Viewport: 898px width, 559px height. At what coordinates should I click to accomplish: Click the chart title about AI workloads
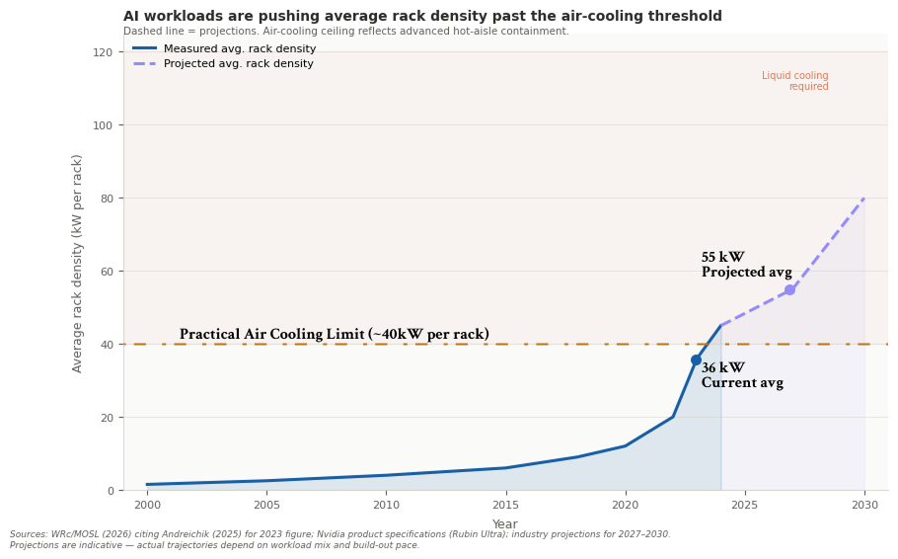pyautogui.click(x=422, y=17)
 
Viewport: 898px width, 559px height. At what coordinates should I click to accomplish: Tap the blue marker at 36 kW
pyautogui.click(x=696, y=360)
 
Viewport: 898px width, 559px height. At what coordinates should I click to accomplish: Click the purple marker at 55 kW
pyautogui.click(x=789, y=289)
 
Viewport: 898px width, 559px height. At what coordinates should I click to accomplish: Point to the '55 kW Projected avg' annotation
pyautogui.click(x=746, y=266)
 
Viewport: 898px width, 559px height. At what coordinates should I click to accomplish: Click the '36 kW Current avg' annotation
pyautogui.click(x=742, y=376)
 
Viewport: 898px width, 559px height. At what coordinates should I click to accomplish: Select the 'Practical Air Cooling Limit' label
pyautogui.click(x=334, y=335)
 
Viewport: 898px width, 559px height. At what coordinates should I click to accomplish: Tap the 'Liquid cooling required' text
pyautogui.click(x=794, y=81)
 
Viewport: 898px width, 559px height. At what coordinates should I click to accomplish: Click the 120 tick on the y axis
pyautogui.click(x=103, y=52)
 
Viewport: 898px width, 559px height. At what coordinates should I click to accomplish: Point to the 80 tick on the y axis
pyautogui.click(x=106, y=199)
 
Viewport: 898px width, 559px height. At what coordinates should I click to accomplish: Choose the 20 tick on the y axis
pyautogui.click(x=106, y=418)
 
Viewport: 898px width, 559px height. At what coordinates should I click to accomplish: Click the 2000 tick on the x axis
pyautogui.click(x=147, y=505)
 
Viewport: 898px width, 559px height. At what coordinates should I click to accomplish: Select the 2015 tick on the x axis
pyautogui.click(x=506, y=505)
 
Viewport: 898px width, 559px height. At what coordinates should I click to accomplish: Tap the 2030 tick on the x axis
pyautogui.click(x=864, y=505)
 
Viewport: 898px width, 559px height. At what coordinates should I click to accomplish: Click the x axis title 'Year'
pyautogui.click(x=505, y=524)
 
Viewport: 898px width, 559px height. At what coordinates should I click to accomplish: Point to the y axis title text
pyautogui.click(x=78, y=263)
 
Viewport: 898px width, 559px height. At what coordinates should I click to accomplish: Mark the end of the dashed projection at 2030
pyautogui.click(x=864, y=199)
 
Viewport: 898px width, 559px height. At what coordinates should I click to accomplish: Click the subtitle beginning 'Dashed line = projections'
pyautogui.click(x=345, y=32)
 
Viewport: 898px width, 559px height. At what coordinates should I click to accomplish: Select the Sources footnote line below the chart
pyautogui.click(x=339, y=534)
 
